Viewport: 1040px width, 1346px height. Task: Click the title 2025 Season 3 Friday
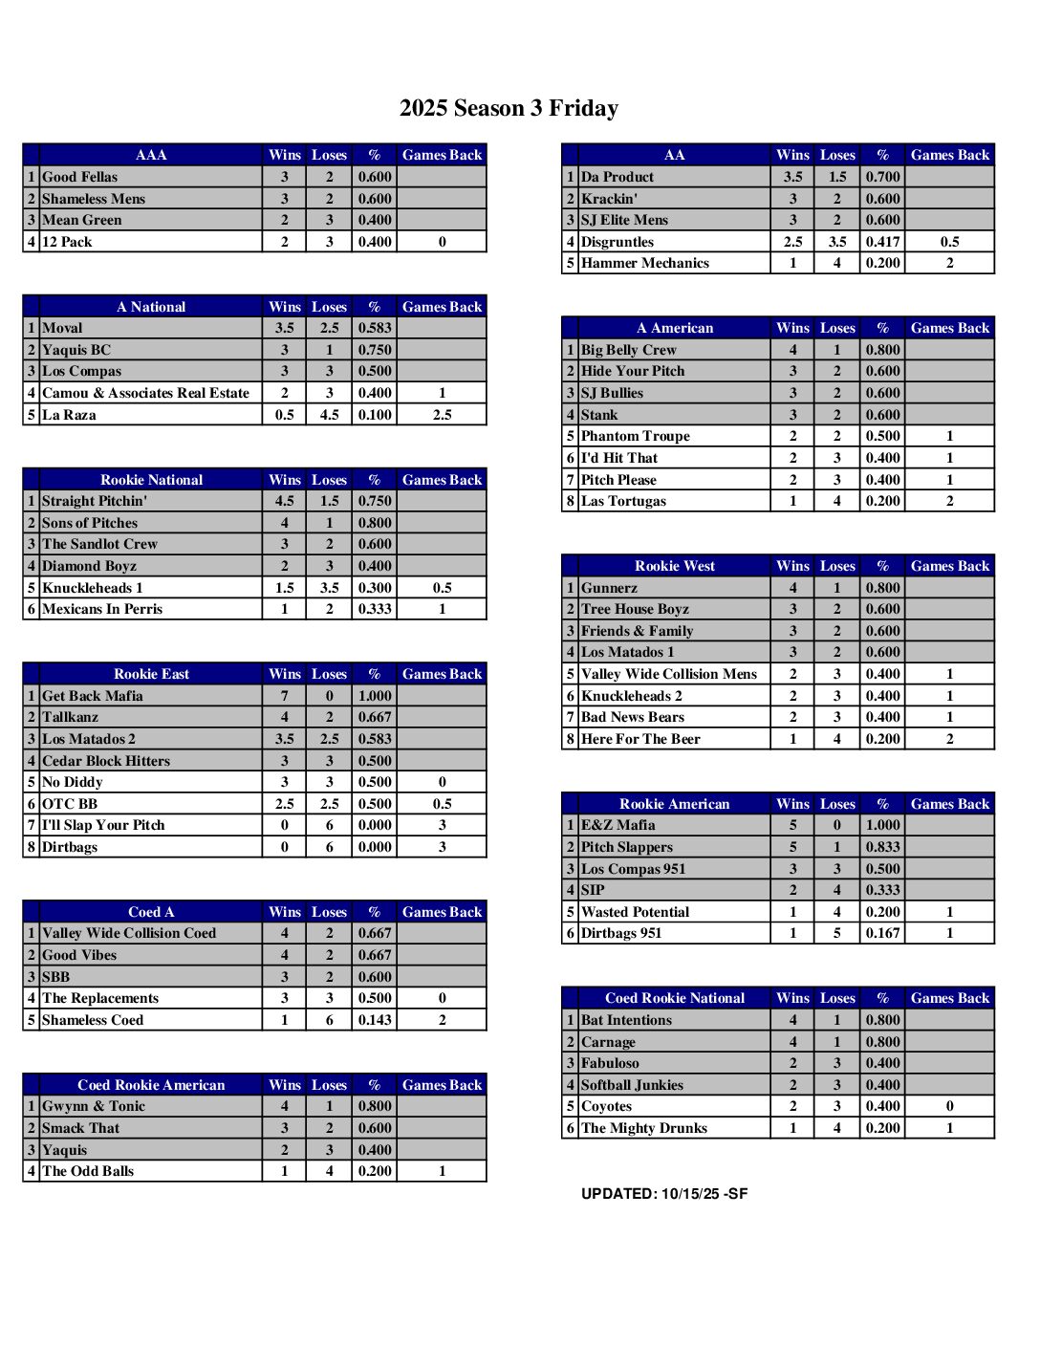(x=509, y=108)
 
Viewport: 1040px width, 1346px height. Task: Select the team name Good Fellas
(x=80, y=177)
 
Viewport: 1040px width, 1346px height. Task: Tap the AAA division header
(x=151, y=155)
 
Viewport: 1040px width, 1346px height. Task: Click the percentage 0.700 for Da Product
(x=882, y=177)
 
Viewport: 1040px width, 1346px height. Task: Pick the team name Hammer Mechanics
(x=645, y=263)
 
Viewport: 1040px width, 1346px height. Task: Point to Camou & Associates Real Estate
(x=145, y=393)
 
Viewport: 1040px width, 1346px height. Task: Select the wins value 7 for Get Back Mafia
(x=284, y=696)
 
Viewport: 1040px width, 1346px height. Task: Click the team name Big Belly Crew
(x=629, y=350)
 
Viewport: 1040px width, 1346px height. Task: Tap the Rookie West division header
(x=674, y=566)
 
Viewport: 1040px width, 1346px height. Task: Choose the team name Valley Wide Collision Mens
(x=669, y=674)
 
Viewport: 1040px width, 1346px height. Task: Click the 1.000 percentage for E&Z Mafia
(x=882, y=825)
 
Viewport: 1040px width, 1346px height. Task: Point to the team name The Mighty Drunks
(x=644, y=1128)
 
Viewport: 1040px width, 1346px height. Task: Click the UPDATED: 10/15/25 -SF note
(x=664, y=1194)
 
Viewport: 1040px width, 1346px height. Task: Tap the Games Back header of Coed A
(x=442, y=912)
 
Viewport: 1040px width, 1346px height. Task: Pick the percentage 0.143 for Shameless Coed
(x=375, y=1020)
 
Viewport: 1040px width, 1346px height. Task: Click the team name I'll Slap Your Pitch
(x=103, y=825)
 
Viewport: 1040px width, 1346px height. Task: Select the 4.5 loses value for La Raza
(x=329, y=415)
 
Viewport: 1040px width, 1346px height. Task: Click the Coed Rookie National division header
(x=674, y=998)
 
